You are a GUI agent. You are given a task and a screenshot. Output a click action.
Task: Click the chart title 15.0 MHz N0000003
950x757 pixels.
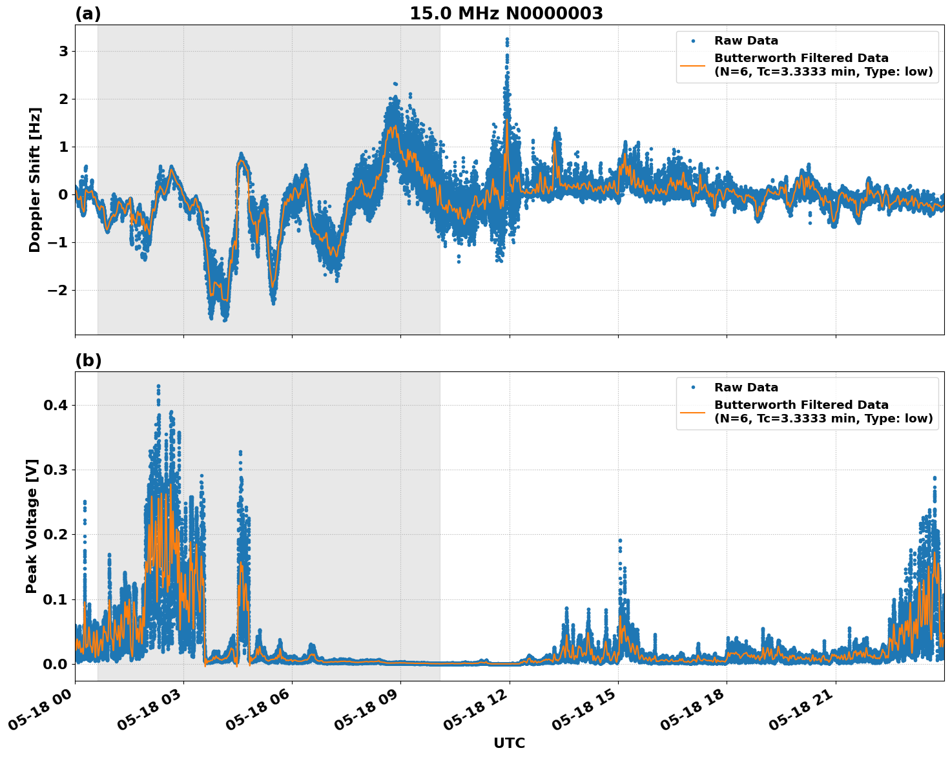(x=506, y=14)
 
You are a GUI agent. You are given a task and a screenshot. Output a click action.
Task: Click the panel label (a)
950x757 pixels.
(x=88, y=14)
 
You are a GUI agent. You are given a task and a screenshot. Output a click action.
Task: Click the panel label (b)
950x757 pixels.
(x=88, y=360)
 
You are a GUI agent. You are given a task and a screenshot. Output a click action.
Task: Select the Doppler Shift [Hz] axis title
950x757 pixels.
(x=35, y=180)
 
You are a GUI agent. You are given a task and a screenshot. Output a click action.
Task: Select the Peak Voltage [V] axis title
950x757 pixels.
(x=32, y=526)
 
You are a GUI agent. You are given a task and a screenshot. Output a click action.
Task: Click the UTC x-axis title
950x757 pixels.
(x=509, y=743)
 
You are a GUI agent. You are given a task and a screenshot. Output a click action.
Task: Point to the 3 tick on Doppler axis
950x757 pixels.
(x=63, y=51)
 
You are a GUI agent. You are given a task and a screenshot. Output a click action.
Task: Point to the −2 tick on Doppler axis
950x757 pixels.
(x=58, y=290)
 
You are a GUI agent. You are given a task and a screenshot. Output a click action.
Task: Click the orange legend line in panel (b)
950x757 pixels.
(x=693, y=412)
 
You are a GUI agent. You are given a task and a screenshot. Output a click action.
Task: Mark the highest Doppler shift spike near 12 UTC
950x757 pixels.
(x=507, y=39)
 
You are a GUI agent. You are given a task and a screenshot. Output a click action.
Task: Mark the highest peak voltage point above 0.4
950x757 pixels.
(x=158, y=386)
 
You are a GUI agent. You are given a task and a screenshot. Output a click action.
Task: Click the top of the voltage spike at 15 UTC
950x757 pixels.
(x=620, y=540)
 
